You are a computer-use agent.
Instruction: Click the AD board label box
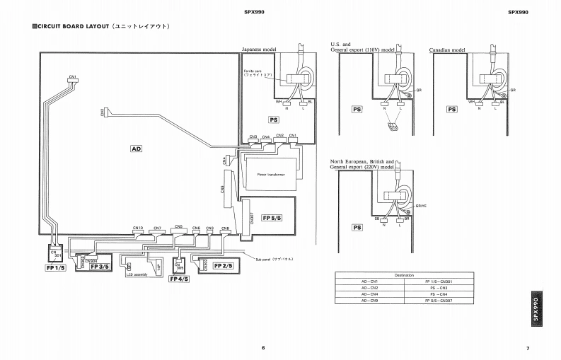point(137,149)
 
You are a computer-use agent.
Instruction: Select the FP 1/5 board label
point(54,268)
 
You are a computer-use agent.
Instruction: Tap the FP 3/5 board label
point(100,266)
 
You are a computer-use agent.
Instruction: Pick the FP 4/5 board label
point(178,279)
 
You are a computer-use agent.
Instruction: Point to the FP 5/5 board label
point(272,216)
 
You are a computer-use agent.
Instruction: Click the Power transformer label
point(271,174)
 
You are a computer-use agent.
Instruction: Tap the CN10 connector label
point(138,228)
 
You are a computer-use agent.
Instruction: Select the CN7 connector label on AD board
point(157,228)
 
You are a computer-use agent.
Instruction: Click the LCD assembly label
point(136,274)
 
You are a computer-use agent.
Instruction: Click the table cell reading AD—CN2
point(370,288)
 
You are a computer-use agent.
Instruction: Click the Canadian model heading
point(447,50)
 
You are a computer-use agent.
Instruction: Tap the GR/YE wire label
point(421,205)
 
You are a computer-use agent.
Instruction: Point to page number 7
point(528,347)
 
